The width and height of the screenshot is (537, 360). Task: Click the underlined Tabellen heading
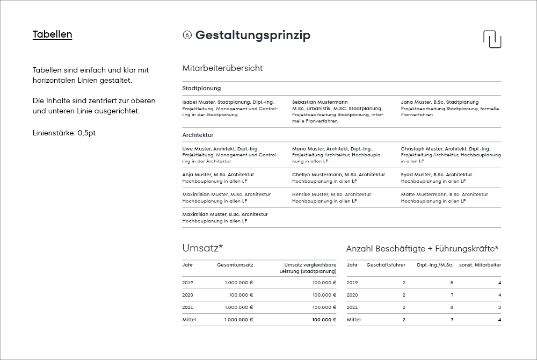tap(52, 34)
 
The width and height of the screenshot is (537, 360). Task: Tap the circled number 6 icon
tap(187, 35)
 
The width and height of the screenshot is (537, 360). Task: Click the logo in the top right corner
tap(492, 39)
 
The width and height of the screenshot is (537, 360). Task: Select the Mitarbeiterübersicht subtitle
tap(222, 68)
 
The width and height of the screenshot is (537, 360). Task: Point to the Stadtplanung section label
tap(201, 88)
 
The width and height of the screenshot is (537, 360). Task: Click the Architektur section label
tap(198, 135)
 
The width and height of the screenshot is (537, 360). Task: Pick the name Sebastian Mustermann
tap(320, 102)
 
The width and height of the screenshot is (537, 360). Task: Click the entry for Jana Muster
tap(439, 102)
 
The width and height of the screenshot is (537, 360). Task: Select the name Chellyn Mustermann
tap(338, 175)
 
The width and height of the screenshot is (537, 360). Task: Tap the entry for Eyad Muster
tap(436, 175)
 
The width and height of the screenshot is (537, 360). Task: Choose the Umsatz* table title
tap(202, 248)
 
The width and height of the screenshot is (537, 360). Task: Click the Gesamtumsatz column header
tap(235, 265)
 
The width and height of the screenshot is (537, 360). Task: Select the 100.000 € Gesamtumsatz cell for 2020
tap(241, 295)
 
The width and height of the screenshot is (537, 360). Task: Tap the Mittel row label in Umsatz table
tap(189, 320)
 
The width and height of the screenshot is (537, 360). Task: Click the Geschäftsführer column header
tap(386, 265)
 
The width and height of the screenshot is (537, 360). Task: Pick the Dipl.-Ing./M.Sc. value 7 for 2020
tap(452, 295)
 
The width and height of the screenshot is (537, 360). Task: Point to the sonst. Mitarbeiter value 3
tap(499, 307)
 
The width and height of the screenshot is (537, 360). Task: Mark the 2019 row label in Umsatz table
tap(187, 283)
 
